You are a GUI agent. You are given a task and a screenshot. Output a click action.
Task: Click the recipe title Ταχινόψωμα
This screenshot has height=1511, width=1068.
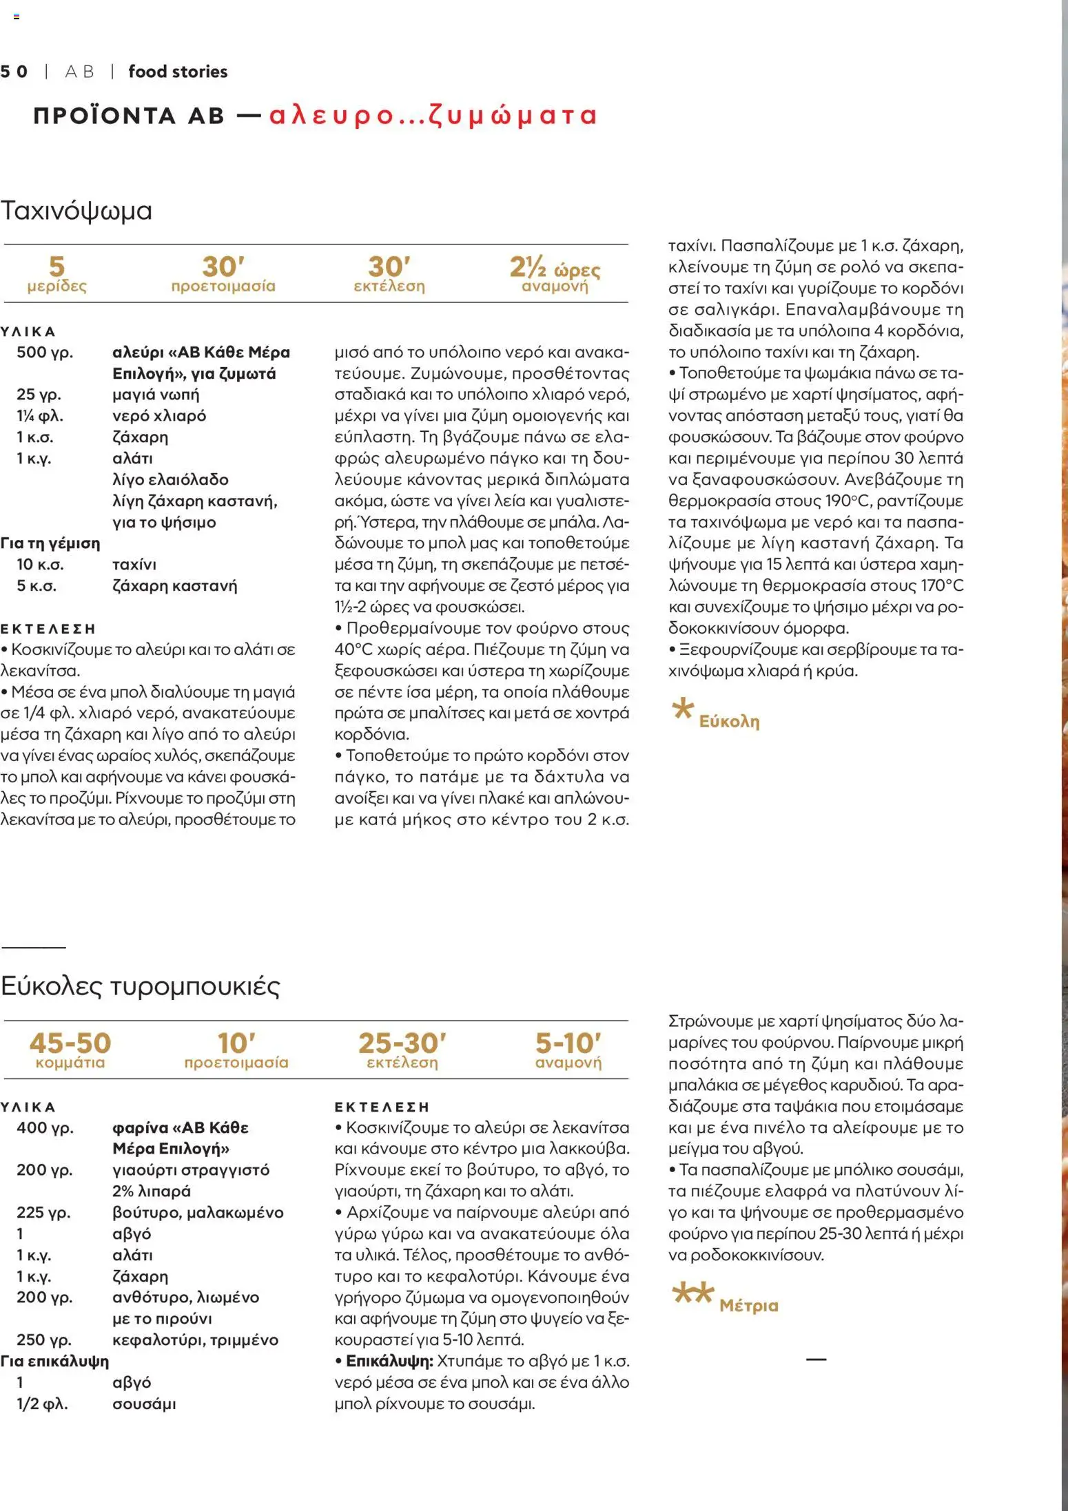pos(76,211)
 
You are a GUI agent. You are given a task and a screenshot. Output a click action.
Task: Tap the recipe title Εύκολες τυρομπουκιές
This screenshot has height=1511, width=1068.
pos(141,986)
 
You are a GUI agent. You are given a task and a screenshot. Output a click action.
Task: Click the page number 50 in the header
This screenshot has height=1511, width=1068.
pos(14,72)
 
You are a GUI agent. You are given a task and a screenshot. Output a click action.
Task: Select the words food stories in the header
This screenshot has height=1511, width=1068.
pos(178,72)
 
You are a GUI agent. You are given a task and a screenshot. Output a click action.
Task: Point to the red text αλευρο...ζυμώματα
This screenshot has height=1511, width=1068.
pos(432,115)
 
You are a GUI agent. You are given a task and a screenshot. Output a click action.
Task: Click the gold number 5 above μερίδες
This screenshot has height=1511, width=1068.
pos(57,267)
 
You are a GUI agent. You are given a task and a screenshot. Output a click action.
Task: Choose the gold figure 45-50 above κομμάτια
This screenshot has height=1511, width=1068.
pos(70,1043)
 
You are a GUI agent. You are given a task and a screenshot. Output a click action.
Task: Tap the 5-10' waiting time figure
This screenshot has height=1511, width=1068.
pos(568,1043)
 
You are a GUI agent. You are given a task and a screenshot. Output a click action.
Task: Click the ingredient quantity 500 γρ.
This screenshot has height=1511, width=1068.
pos(45,353)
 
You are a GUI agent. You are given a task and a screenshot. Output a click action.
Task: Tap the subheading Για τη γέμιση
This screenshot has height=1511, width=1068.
pos(50,543)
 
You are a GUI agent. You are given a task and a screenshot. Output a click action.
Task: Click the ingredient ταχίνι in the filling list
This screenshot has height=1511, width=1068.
pos(134,565)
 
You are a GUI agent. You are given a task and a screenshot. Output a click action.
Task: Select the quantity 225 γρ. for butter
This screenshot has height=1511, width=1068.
pos(43,1212)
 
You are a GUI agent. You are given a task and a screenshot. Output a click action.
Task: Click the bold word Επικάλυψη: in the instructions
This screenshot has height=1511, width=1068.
pos(389,1361)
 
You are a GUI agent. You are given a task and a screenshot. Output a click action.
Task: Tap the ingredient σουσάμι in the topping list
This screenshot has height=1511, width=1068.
pos(144,1404)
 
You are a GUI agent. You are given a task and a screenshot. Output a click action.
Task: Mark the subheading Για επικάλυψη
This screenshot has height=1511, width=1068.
pos(54,1361)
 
